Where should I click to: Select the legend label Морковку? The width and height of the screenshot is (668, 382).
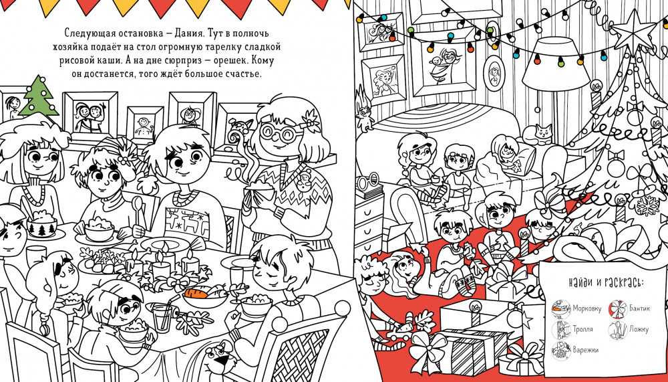[587, 308]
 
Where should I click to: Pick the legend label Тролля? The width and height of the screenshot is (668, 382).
[582, 329]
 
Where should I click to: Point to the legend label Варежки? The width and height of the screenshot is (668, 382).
[585, 350]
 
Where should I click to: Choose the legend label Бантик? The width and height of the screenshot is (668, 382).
[640, 308]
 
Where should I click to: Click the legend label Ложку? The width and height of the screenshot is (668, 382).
[639, 329]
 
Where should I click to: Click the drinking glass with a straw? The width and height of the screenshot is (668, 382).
[162, 316]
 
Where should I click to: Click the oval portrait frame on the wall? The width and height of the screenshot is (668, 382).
[494, 73]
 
